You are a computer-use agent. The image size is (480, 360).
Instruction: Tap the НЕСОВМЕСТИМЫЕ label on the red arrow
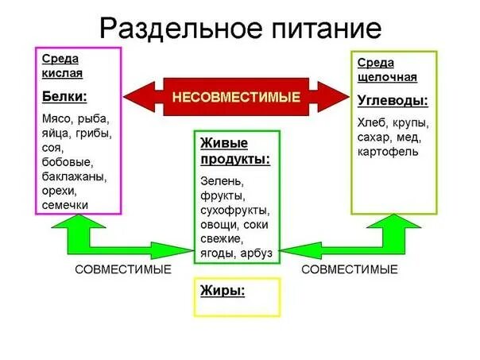coord(236,98)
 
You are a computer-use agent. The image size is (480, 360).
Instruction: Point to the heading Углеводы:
coord(393,101)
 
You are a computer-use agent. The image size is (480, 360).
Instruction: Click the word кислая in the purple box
coord(62,73)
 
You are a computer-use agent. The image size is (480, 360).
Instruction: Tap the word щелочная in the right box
coord(387,77)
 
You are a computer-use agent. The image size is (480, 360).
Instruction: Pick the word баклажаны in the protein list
coord(74,176)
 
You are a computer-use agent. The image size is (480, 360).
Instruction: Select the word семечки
coord(66,205)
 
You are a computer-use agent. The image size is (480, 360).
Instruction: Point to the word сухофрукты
coord(235,211)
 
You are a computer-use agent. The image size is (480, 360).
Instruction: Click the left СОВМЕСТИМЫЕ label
coord(123,270)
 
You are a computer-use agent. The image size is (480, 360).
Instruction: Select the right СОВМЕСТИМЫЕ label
coord(350,270)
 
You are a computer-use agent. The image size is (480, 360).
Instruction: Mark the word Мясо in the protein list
coord(56,119)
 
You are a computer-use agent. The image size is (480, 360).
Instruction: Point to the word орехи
coord(60,191)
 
